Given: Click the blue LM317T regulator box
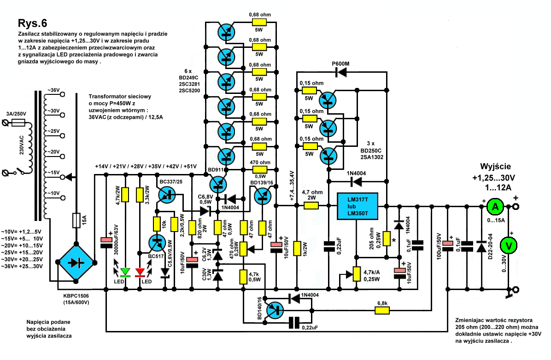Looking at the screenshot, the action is tap(358, 206).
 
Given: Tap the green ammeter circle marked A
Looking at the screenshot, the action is tap(495, 207).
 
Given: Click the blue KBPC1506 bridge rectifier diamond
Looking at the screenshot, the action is tap(76, 262).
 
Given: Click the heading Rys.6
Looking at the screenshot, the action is tap(32, 23).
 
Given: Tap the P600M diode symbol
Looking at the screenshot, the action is tap(341, 72).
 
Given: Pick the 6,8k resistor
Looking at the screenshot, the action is tap(382, 310).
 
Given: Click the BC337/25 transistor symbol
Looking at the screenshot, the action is tap(167, 195).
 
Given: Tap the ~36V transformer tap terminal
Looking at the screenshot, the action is tap(63, 94).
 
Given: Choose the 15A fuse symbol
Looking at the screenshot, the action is tap(76, 220).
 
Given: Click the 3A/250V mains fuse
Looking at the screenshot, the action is tap(18, 122).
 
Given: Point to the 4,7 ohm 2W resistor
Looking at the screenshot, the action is tap(311, 206).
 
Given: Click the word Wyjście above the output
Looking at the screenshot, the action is tap(495, 167).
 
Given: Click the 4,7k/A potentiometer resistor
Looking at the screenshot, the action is tap(357, 274).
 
